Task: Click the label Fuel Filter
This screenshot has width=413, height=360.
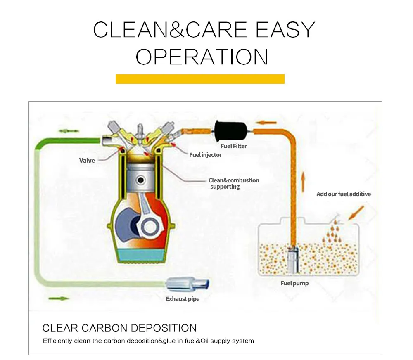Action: pos(234,146)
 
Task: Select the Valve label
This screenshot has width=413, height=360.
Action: pos(87,161)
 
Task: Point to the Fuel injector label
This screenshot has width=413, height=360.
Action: pos(205,155)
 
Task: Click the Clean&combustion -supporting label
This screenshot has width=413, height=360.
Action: pos(234,183)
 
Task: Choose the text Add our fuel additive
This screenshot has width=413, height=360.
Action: pos(344,194)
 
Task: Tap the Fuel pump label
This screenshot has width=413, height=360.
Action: pos(294,283)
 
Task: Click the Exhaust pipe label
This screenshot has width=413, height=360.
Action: pos(183,299)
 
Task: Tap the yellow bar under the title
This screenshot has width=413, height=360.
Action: pos(200,79)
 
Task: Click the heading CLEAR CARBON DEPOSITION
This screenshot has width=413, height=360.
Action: pos(120,328)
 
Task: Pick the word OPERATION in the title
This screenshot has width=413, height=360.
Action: pos(202,57)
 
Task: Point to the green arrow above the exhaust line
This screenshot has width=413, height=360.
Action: pos(69,131)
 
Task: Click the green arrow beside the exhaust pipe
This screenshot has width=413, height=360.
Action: pos(59,298)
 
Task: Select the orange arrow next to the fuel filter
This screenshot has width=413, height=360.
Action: pos(267,123)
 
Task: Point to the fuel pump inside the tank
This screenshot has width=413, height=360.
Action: pos(293,260)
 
